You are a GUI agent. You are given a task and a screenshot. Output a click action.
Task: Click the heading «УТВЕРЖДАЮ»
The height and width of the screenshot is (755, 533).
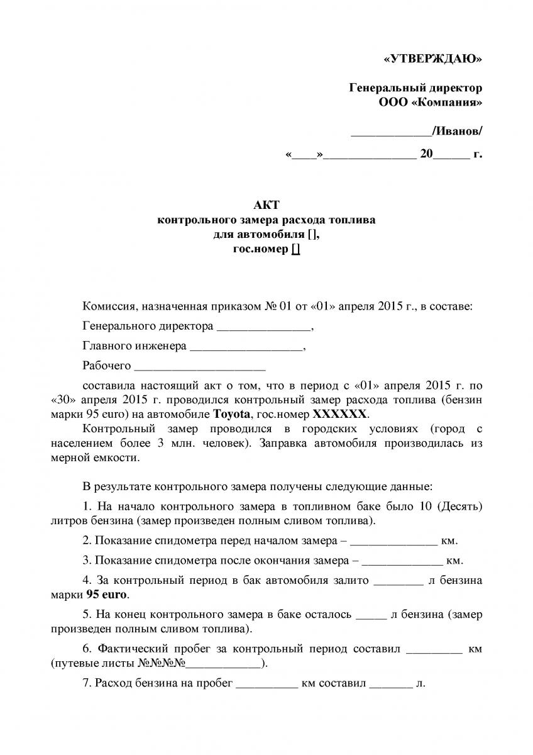pyautogui.click(x=432, y=59)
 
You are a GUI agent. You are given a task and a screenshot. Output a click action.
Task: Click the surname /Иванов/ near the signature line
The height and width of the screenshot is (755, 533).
pyautogui.click(x=457, y=131)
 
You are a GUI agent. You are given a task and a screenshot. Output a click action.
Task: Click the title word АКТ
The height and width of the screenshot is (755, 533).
pyautogui.click(x=266, y=205)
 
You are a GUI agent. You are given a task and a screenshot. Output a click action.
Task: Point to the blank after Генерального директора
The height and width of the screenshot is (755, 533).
pyautogui.click(x=263, y=328)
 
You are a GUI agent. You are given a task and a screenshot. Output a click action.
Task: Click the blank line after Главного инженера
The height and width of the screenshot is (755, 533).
pyautogui.click(x=246, y=347)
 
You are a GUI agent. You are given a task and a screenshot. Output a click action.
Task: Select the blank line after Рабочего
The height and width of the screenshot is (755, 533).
pyautogui.click(x=200, y=367)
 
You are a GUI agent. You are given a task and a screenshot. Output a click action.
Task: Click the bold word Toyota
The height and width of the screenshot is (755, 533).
pyautogui.click(x=232, y=415)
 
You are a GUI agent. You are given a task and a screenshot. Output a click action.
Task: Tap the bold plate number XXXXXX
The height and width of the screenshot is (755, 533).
pyautogui.click(x=339, y=415)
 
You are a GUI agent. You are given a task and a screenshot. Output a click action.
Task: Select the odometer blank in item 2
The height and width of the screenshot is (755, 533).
pyautogui.click(x=393, y=542)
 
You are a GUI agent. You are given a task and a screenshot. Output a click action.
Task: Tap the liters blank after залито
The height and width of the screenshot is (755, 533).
pyautogui.click(x=398, y=582)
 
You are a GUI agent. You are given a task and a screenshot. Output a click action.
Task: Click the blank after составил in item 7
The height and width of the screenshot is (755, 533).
pyautogui.click(x=390, y=685)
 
